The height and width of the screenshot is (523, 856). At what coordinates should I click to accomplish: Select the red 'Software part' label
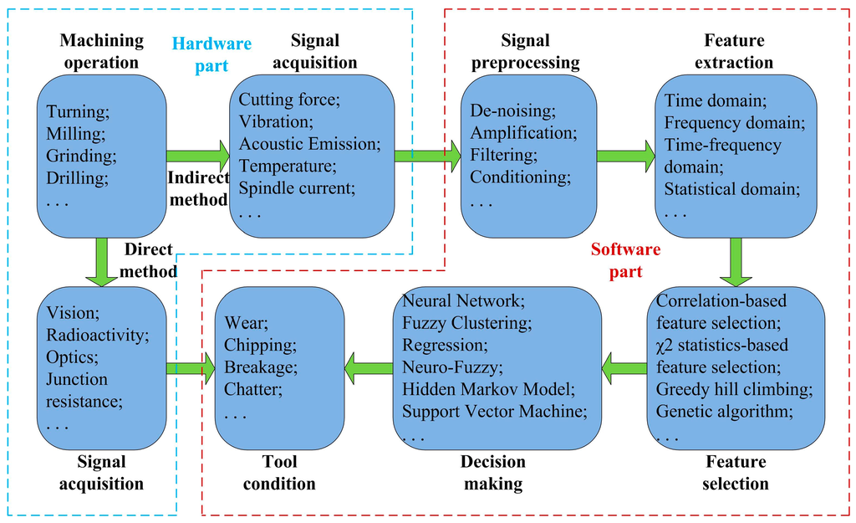pos(625,260)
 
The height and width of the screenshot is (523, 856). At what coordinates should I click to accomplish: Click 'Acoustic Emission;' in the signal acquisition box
pos(308,144)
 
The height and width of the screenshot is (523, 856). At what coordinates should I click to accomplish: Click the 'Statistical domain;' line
pos(732,188)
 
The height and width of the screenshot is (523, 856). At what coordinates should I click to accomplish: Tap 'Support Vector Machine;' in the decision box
pos(494,411)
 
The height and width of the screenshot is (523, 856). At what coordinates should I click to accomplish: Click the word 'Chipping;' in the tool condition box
pos(258,345)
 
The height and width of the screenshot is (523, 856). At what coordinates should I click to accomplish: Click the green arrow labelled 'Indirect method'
pos(198,156)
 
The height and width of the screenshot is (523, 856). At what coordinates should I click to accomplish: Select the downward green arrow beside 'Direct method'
pos(102,262)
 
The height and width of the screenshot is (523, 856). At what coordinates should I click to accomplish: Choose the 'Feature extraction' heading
pos(734,51)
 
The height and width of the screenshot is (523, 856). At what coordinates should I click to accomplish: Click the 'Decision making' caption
pos(492,473)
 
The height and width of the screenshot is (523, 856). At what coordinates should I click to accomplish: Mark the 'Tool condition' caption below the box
pos(279,473)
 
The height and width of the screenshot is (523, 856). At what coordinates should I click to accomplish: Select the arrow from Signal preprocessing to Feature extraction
pos(626,156)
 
